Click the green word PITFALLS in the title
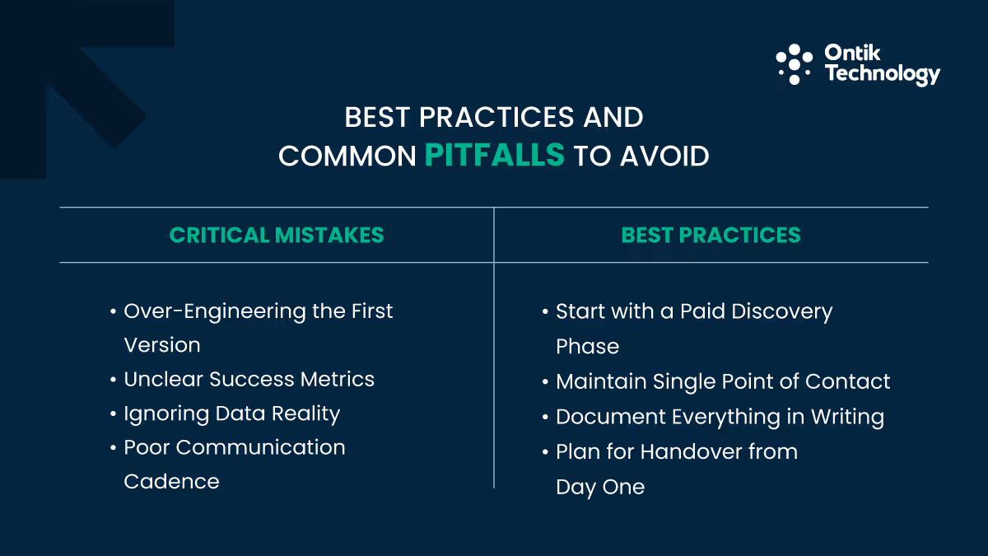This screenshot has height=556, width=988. (x=495, y=155)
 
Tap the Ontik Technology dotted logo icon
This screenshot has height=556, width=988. (x=794, y=64)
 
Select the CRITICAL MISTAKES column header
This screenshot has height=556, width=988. (x=277, y=235)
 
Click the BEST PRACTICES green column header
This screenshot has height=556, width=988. (x=711, y=235)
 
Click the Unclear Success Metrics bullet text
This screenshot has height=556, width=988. (x=249, y=379)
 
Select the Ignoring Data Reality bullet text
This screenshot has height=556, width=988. (x=231, y=413)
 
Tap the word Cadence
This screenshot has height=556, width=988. (x=171, y=481)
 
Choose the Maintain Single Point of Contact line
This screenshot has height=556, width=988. (x=723, y=381)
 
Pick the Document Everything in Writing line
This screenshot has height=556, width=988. (x=720, y=417)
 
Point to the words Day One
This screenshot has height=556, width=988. (x=599, y=487)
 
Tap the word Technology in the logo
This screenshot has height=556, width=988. (x=882, y=74)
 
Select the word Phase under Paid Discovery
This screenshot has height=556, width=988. (x=587, y=346)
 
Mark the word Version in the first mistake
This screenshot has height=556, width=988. (x=161, y=345)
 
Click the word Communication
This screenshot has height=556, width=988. (x=260, y=447)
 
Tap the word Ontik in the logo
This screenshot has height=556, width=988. (x=852, y=54)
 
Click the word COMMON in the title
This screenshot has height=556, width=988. (x=347, y=156)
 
